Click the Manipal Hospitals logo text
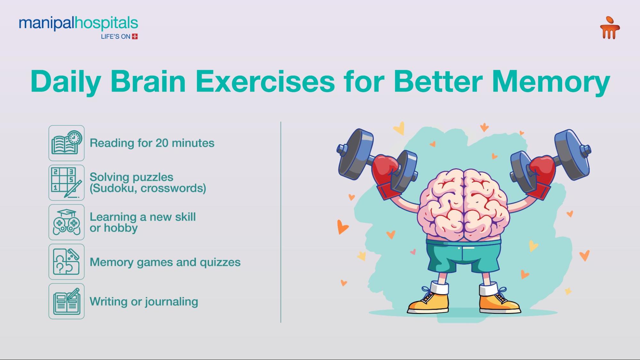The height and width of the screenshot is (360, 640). click(78, 23)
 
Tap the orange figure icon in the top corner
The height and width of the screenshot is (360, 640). click(610, 28)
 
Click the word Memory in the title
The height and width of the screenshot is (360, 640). click(551, 82)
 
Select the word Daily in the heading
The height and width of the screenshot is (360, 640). click(66, 82)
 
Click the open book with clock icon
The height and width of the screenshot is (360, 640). click(67, 143)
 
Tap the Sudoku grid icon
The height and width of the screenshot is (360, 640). click(67, 183)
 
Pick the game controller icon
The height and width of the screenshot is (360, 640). click(67, 222)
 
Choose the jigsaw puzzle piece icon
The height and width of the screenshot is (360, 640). click(67, 262)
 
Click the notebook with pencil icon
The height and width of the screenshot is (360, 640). click(67, 301)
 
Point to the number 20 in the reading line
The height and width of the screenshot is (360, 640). click(162, 143)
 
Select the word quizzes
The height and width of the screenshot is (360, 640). click(220, 262)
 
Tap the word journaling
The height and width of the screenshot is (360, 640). click(171, 302)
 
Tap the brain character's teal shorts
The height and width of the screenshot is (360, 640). click(463, 256)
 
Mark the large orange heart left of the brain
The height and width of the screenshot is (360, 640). click(342, 227)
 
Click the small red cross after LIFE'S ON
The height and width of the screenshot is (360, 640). click(135, 36)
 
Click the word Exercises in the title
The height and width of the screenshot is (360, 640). click(265, 82)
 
